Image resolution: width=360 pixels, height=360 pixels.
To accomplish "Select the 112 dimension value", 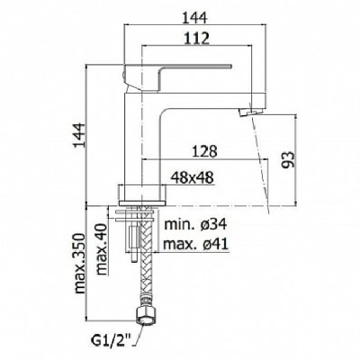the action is coord(196,39).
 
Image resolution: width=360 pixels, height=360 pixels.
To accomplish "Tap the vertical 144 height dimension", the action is coord(80,134).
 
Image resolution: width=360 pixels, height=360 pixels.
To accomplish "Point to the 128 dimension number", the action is coord(204,151).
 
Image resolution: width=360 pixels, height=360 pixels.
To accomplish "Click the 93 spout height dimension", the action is coord(288,159).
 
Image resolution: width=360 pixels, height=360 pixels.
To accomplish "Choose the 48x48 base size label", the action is coord(193,178).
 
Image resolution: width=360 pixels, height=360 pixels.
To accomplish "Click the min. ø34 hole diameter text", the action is coord(195,224).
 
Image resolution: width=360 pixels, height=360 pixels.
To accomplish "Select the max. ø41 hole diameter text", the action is coord(195,244).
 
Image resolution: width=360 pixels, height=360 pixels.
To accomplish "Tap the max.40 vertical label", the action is coord(102,249).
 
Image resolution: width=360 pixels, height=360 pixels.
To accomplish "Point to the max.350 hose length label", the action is coord(80,263).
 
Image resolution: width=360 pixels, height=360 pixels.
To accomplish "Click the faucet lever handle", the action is coord(177,77).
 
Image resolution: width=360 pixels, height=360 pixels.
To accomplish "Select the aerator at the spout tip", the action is coord(248,113).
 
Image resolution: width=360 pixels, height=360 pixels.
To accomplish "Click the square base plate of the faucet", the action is coord(142,194).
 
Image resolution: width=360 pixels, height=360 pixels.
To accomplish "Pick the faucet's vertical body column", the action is coord(142,138).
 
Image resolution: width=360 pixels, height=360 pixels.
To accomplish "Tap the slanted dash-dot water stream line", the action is coord(261,165).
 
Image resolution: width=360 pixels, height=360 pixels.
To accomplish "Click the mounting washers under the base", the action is coord(136,216).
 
